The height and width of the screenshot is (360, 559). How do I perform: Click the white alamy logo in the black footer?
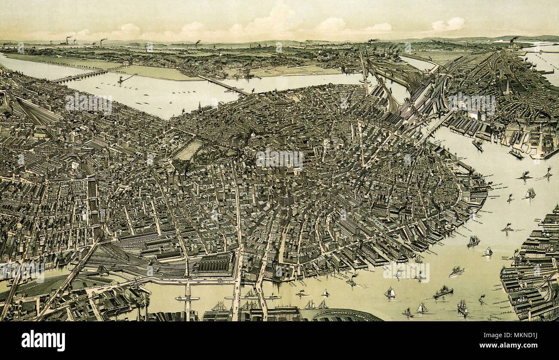[43, 341]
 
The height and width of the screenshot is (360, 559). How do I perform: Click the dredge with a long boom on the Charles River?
[125, 79]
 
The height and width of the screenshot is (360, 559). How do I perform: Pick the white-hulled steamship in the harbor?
[456, 271]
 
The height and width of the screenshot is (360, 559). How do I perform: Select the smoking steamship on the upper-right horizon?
[513, 41]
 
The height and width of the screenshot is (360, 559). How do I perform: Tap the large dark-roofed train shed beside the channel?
[214, 263]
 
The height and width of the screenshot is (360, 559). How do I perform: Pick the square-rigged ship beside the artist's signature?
[462, 307]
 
